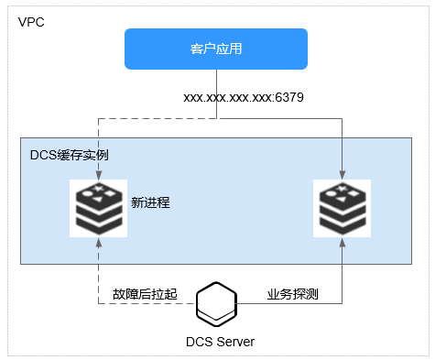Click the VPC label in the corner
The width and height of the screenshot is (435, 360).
[x=30, y=20]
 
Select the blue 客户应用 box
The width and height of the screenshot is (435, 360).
[x=215, y=49]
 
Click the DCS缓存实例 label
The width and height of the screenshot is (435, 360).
[x=69, y=155]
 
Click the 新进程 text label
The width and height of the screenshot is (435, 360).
[x=150, y=201]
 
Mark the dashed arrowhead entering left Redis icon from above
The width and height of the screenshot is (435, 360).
[x=98, y=176]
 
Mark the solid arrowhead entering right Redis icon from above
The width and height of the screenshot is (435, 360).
[x=341, y=176]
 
